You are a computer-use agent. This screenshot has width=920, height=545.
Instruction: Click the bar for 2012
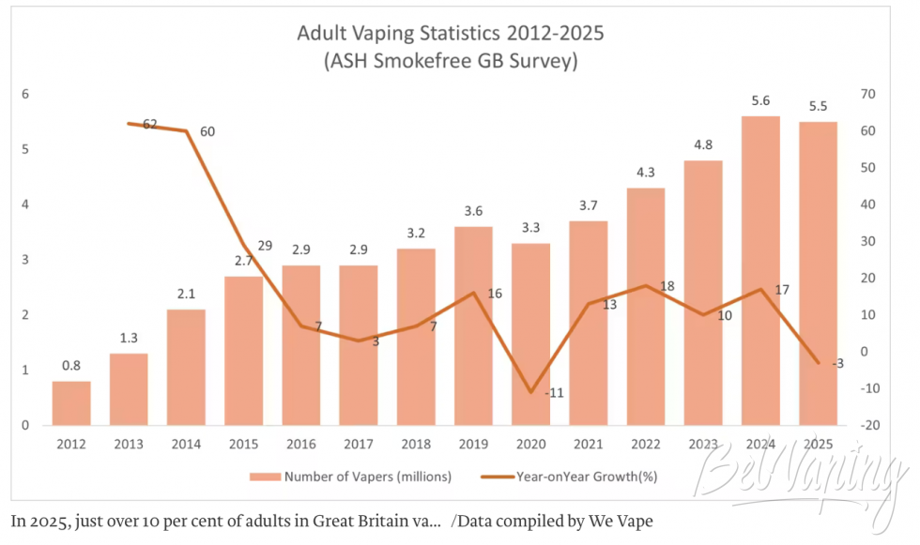pos(71,403)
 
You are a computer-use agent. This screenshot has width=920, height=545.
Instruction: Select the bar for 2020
pos(530,334)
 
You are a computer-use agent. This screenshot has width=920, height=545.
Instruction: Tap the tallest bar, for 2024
pos(760,271)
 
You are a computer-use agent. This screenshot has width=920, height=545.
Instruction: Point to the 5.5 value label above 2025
pos(818,106)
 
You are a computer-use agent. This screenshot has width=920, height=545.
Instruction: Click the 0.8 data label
pos(71,366)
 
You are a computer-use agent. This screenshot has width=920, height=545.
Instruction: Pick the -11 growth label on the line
pos(554,393)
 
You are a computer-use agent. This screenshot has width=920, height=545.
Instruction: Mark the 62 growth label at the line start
pos(150,124)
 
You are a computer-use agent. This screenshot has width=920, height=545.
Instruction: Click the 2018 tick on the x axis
pos(416,445)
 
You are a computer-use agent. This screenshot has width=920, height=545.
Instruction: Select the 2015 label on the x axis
pos(243,445)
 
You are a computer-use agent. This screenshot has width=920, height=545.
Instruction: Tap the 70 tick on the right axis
pos(867,94)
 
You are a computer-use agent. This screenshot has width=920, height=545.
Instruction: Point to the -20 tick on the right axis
pos(869,426)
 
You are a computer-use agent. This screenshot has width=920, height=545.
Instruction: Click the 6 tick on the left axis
pos(25,94)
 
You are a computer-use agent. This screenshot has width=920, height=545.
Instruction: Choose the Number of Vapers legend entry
pos(351,477)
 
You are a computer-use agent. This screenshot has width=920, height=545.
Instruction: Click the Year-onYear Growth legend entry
pos(569,477)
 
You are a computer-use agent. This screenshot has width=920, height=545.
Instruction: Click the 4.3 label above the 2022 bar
pos(646,173)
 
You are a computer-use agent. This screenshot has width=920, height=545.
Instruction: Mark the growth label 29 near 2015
pos(265,246)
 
